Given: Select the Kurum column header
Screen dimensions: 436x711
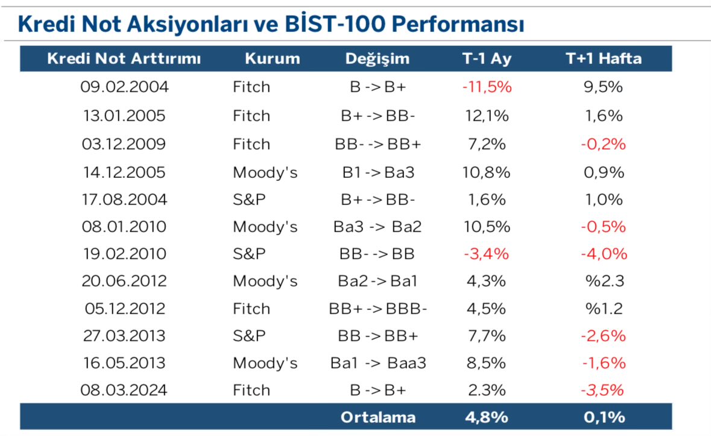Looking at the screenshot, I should point(272,58).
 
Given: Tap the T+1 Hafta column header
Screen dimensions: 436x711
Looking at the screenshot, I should point(603,58).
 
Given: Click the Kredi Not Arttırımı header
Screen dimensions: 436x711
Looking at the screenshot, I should point(124,58).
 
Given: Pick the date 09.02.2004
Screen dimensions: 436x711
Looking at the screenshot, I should point(124,87).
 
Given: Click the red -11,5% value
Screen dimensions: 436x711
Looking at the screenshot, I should point(487,87).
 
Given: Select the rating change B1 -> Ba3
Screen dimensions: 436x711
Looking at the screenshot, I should point(378,172).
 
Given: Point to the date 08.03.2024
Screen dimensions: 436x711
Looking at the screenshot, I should point(124,390).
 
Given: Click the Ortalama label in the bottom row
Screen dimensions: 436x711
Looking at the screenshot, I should point(378,417).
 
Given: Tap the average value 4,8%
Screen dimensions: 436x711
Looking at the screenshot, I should point(487,417).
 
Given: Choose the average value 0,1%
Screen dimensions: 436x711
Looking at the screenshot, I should point(603,417).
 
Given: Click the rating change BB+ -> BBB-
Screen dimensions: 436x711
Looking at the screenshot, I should point(378,309).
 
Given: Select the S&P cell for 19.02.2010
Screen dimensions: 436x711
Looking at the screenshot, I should point(249,254).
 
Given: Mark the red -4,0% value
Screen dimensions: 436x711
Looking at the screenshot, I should point(603,254).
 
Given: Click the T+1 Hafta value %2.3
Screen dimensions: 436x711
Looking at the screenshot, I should point(603,281).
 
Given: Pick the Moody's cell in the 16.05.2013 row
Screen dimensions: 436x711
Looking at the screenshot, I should point(265,364).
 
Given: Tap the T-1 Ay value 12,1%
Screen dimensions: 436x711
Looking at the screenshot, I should point(487,116).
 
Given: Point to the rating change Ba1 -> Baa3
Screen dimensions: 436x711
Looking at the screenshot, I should point(378,364).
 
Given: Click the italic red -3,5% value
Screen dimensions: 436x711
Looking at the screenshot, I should point(603,390).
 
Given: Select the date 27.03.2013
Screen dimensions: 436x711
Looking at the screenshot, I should point(124,336).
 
